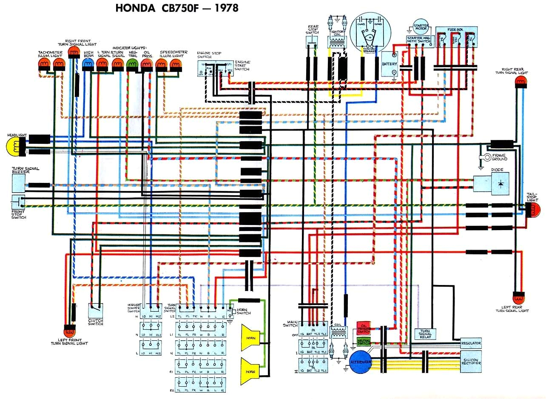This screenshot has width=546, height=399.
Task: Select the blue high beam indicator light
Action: pyautogui.click(x=88, y=64)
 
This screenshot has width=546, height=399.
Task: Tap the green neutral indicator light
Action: pyautogui.click(x=132, y=64)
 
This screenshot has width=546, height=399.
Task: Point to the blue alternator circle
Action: pyautogui.click(x=361, y=362)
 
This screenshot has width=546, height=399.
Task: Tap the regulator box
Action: pyautogui.click(x=471, y=343)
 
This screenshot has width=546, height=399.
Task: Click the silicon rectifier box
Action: pyautogui.click(x=471, y=361)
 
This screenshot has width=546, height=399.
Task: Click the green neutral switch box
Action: pyautogui.click(x=364, y=342)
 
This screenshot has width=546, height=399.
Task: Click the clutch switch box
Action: pyautogui.click(x=96, y=310)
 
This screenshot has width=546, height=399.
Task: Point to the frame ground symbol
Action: pyautogui.click(x=483, y=157)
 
